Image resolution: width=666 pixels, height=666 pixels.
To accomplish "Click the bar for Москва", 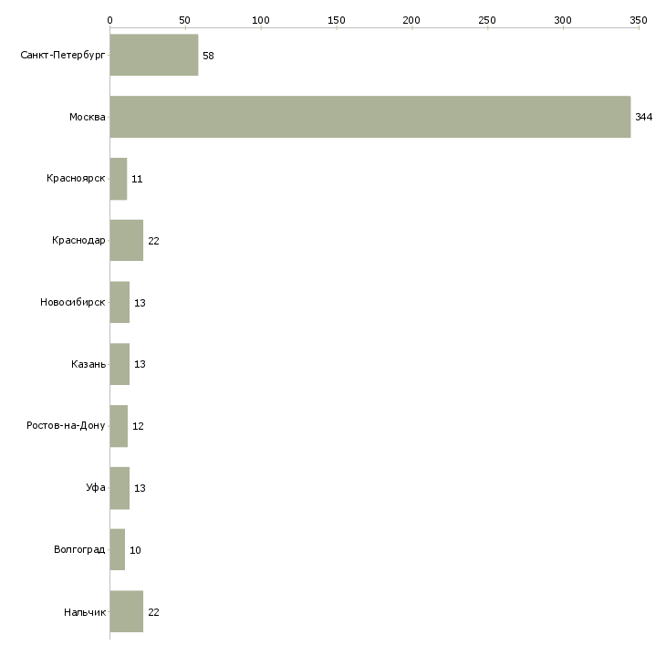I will tap(369, 117).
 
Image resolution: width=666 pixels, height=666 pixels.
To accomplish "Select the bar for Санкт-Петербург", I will tap(153, 55).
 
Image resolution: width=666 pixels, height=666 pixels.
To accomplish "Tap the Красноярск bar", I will tap(118, 179).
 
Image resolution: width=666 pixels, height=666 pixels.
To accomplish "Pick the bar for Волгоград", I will tap(117, 550).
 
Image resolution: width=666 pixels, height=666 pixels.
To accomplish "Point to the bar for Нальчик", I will tap(126, 612).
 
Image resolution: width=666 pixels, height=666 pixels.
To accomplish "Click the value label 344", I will tap(644, 118).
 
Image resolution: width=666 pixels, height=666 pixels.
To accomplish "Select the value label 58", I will tap(208, 56).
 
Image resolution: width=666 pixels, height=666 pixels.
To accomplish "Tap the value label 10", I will tap(135, 551).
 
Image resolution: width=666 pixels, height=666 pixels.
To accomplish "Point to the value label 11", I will tap(136, 180).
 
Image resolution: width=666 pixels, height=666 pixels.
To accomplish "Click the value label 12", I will tap(138, 427).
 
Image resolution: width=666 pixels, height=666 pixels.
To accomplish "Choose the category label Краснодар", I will tap(79, 241).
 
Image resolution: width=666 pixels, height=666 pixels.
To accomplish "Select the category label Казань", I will tap(88, 365).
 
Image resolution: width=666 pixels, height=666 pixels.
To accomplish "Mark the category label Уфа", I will tap(96, 488).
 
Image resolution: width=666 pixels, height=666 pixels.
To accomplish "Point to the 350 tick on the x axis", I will tap(639, 19).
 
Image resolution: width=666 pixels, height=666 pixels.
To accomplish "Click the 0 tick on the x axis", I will tap(109, 19).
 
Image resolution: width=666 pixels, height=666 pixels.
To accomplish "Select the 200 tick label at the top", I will tap(411, 19).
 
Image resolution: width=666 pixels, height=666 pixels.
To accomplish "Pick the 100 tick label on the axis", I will tap(261, 19).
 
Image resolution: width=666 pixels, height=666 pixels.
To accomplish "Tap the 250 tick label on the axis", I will tap(487, 19).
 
